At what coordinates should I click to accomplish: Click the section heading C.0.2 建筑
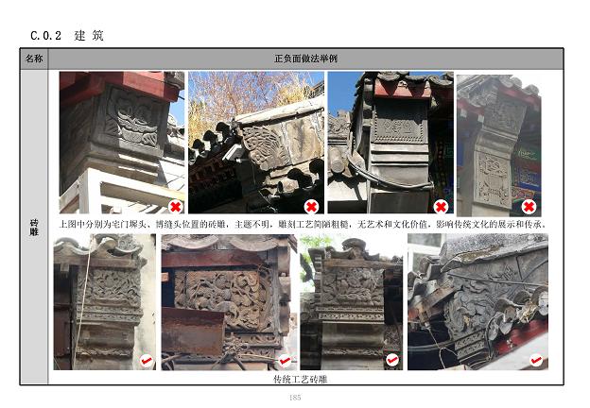pyautogui.click(x=66, y=36)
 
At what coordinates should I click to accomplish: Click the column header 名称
pyautogui.click(x=34, y=59)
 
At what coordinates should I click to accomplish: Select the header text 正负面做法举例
pyautogui.click(x=305, y=59)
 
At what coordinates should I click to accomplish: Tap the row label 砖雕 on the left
pyautogui.click(x=34, y=228)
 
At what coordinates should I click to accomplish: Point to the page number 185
pyautogui.click(x=295, y=397)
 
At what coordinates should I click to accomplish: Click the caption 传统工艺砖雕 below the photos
pyautogui.click(x=301, y=380)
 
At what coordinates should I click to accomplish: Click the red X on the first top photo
pyautogui.click(x=175, y=206)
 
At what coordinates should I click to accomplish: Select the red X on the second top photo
pyautogui.click(x=311, y=206)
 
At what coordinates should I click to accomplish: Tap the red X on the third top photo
pyautogui.click(x=441, y=207)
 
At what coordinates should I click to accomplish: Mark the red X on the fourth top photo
pyautogui.click(x=529, y=206)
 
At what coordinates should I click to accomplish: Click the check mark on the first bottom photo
pyautogui.click(x=147, y=361)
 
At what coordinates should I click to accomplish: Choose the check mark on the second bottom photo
pyautogui.click(x=285, y=361)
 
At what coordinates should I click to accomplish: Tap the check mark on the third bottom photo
pyautogui.click(x=392, y=360)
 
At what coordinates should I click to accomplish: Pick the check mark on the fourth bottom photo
pyautogui.click(x=536, y=361)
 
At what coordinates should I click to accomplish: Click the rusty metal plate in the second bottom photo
pyautogui.click(x=193, y=331)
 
